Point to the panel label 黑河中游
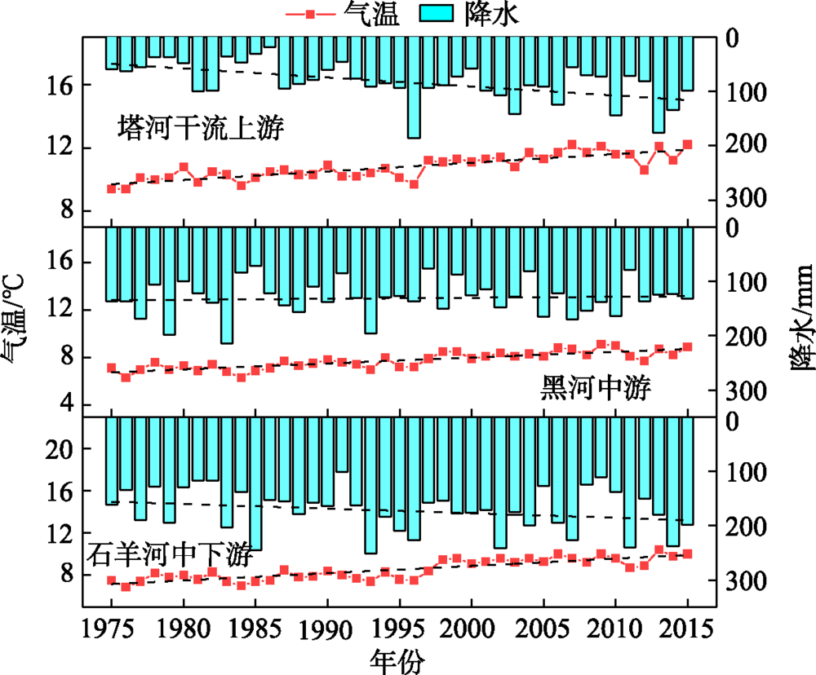pos(595,388)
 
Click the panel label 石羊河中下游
pos(169,558)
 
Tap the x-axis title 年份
pos(397,660)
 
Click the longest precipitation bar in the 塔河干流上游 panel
pos(414,86)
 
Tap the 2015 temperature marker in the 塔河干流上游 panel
pos(688,144)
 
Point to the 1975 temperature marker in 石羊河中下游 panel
pos(112,580)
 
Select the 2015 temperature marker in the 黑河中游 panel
pos(688,346)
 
